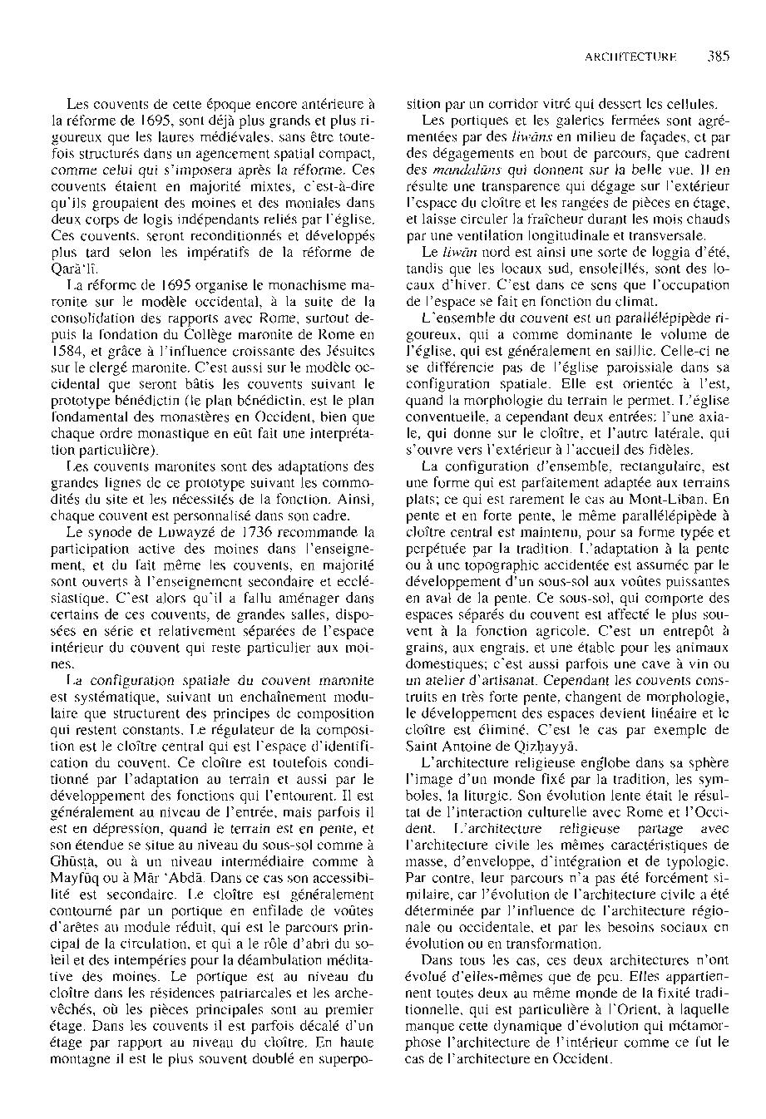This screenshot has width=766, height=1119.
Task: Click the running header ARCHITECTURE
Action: pyautogui.click(x=630, y=58)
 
